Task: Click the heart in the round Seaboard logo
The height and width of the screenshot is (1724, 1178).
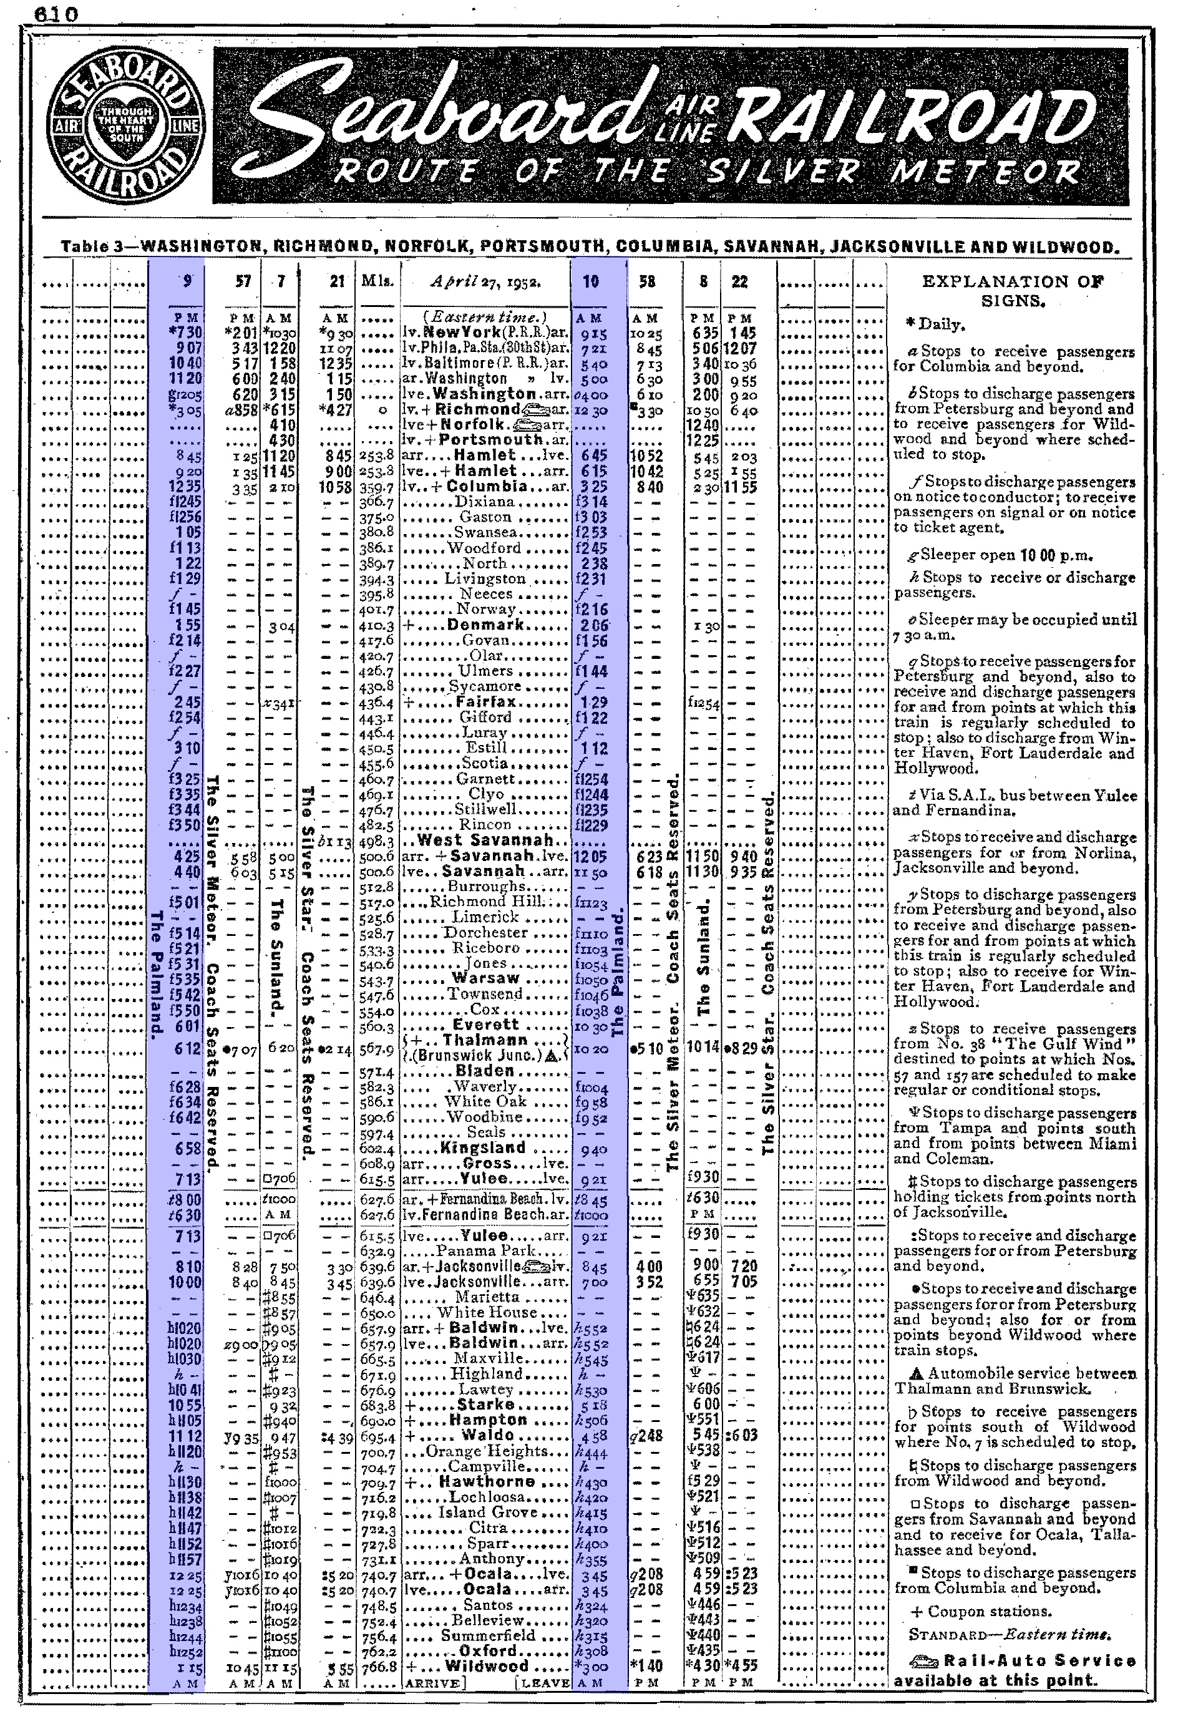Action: pos(122,125)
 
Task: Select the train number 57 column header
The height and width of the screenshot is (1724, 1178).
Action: pos(243,281)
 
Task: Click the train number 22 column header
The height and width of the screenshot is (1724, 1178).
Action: pos(739,281)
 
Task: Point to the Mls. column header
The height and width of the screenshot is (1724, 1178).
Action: pos(377,281)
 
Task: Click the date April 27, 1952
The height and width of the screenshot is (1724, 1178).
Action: pos(486,281)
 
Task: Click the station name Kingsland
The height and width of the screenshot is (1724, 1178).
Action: pos(483,1147)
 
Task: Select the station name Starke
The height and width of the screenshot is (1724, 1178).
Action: pos(486,1405)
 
